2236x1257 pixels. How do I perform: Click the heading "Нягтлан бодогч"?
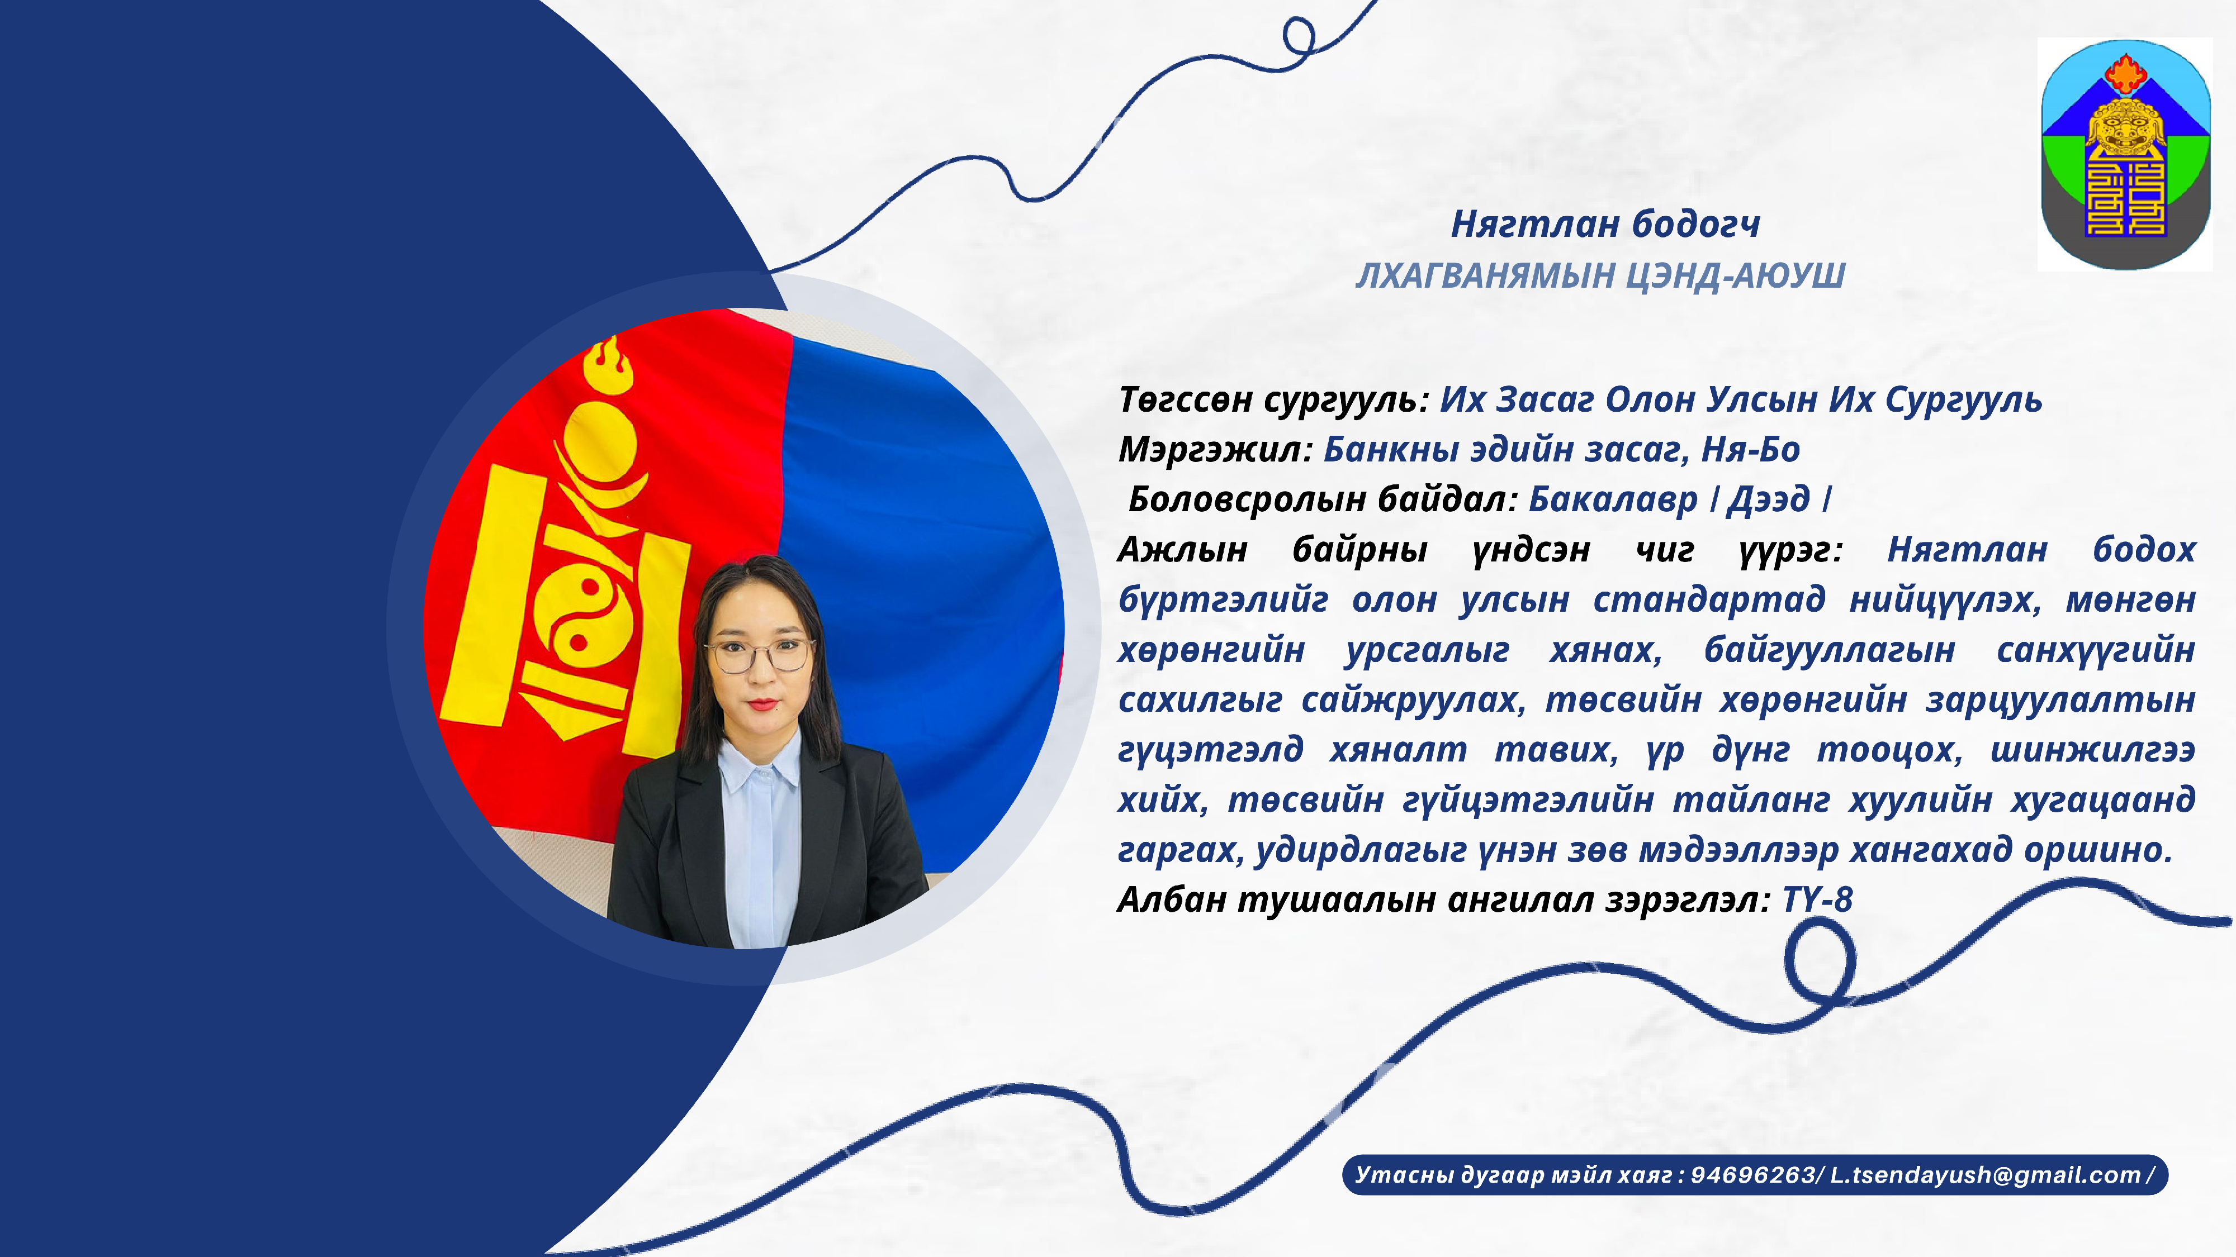click(x=1605, y=225)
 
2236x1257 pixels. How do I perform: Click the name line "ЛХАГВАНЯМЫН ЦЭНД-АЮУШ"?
click(x=1600, y=276)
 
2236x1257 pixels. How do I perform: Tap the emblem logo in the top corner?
click(x=2125, y=154)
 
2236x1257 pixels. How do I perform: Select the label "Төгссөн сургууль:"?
click(x=1273, y=401)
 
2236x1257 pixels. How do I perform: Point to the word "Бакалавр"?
click(x=1613, y=499)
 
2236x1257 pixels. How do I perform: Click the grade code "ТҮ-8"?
click(x=1818, y=899)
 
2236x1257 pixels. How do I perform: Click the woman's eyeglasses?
click(x=760, y=655)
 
